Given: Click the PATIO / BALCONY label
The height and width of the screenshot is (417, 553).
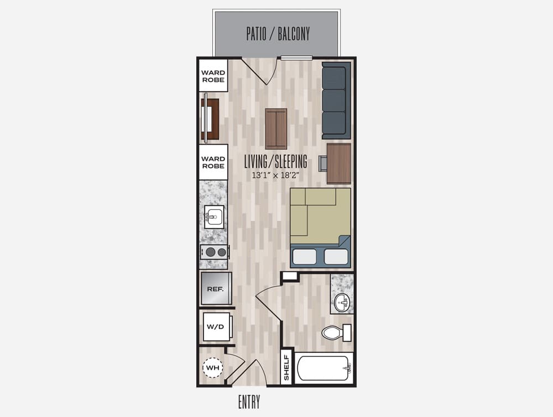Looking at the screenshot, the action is [278, 34].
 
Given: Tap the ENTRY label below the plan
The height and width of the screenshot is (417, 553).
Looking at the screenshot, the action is [249, 402].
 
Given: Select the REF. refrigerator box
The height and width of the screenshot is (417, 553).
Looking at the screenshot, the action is [216, 288].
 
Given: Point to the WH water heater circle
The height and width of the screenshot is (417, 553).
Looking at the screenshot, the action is [213, 368].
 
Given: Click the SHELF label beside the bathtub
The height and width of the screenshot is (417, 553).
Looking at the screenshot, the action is [286, 367].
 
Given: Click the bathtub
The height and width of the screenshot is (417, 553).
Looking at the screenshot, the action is [324, 368].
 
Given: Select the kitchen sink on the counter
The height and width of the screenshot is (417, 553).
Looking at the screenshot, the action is [214, 217].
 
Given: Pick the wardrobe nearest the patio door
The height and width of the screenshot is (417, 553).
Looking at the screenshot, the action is [213, 76].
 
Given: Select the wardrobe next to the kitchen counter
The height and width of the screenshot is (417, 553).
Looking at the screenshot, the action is [213, 162].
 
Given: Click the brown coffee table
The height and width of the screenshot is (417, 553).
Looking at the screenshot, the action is [276, 129].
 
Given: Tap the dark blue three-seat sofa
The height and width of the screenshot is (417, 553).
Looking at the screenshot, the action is [336, 101].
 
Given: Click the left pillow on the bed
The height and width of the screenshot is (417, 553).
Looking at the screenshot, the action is [304, 256].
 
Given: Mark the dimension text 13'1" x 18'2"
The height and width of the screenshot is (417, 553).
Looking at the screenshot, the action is [275, 175].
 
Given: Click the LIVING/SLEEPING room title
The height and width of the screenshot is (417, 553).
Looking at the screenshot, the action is [276, 162].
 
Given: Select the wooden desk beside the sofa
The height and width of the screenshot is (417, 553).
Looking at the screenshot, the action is [339, 163].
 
